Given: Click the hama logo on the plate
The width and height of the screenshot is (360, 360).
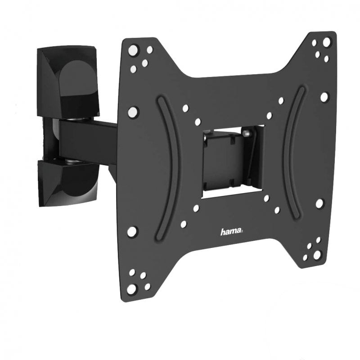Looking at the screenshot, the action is [231, 231].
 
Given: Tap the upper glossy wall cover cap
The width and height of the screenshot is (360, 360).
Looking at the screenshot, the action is [67, 81].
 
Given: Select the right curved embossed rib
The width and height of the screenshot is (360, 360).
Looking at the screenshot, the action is [293, 152].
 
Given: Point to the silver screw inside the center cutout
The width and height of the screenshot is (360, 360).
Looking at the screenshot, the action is [247, 132].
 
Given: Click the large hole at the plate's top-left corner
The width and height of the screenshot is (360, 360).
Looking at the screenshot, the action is [134, 50].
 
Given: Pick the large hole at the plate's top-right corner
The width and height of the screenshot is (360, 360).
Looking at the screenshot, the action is [326, 42].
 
